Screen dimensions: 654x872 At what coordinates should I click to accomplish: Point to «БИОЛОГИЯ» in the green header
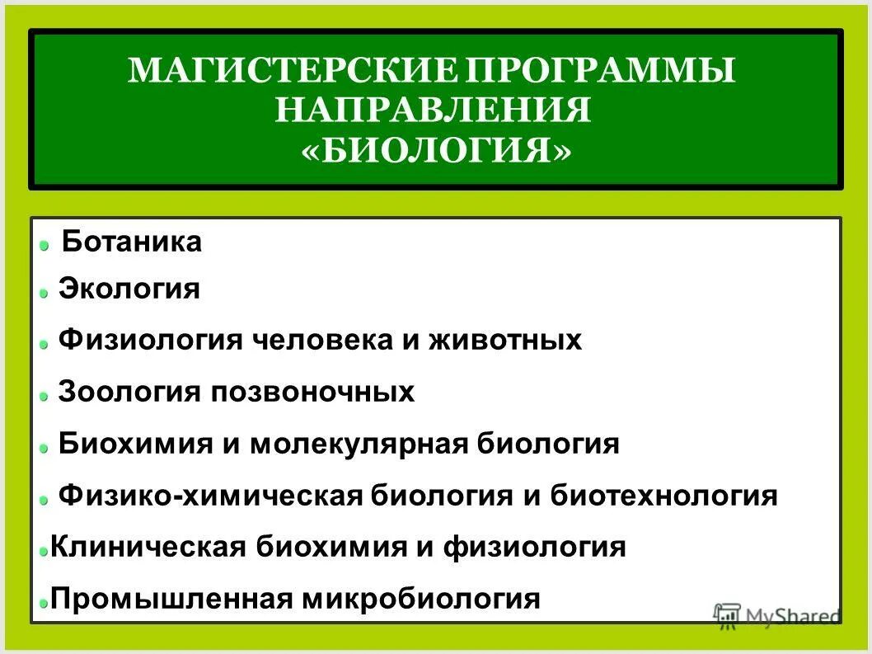[434, 150]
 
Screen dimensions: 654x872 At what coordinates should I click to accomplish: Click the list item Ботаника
[132, 242]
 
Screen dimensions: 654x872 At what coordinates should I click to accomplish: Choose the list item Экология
[129, 289]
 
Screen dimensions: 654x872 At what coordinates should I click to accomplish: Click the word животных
[504, 340]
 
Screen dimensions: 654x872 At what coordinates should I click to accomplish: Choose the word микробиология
[420, 599]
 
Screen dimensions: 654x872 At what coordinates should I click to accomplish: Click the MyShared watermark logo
[775, 614]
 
